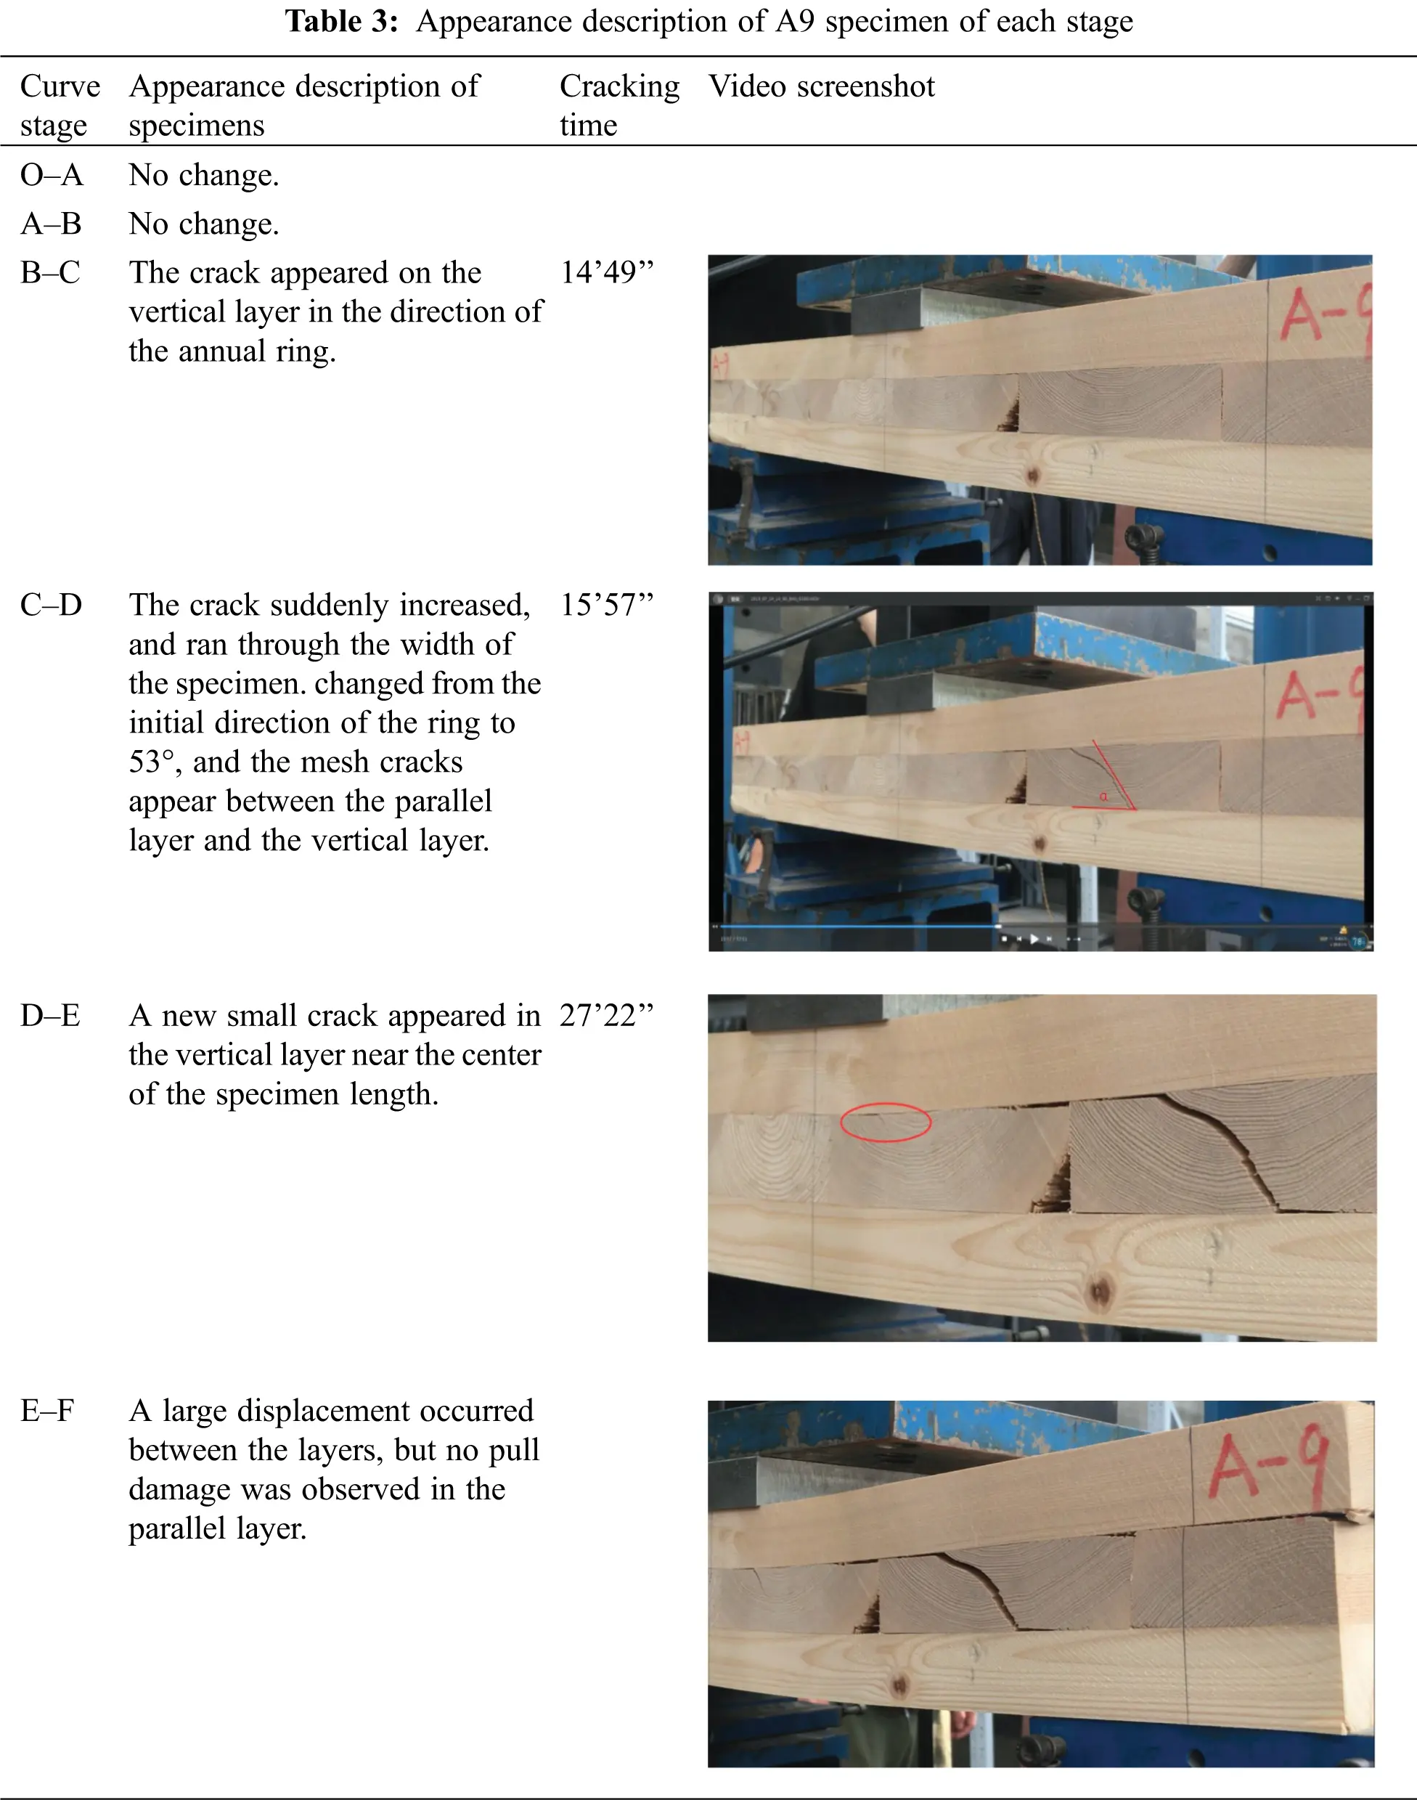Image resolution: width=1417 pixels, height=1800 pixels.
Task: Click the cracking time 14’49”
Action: pyautogui.click(x=606, y=272)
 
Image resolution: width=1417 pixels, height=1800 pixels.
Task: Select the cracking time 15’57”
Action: pyautogui.click(x=606, y=605)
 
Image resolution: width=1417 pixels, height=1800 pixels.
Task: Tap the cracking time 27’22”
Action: pyautogui.click(x=606, y=1015)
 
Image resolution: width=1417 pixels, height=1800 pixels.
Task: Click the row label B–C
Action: pyautogui.click(x=51, y=272)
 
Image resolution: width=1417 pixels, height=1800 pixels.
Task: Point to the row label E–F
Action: pyautogui.click(x=47, y=1410)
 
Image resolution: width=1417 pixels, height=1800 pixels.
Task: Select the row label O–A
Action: pyautogui.click(x=52, y=174)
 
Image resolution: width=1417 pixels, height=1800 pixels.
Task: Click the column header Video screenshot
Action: pyautogui.click(x=820, y=86)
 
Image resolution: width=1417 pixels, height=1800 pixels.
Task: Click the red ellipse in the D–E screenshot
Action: pyautogui.click(x=885, y=1122)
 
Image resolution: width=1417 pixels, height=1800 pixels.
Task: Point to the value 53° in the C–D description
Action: pyautogui.click(x=152, y=762)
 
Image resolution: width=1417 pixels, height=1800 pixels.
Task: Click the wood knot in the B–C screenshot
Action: pyautogui.click(x=1033, y=476)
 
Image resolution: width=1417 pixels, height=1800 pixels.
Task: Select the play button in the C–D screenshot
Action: pyautogui.click(x=1034, y=940)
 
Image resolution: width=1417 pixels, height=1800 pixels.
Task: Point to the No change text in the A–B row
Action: pyautogui.click(x=203, y=224)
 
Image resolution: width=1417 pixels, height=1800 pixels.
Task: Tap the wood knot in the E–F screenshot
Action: pyautogui.click(x=898, y=1685)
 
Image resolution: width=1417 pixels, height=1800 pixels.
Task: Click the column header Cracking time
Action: pyautogui.click(x=619, y=105)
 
